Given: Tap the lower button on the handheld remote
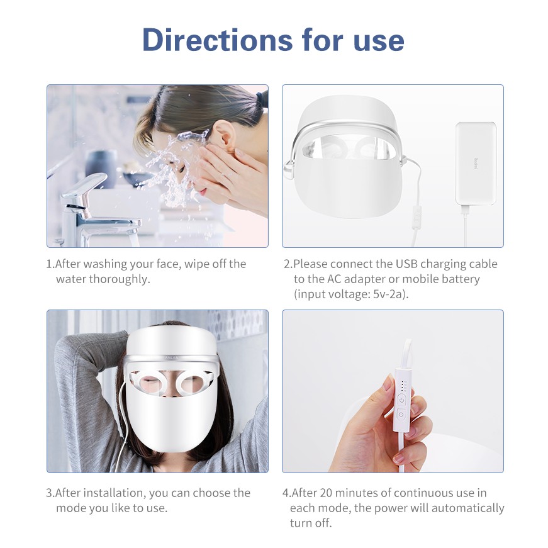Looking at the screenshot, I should click(x=400, y=415).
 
